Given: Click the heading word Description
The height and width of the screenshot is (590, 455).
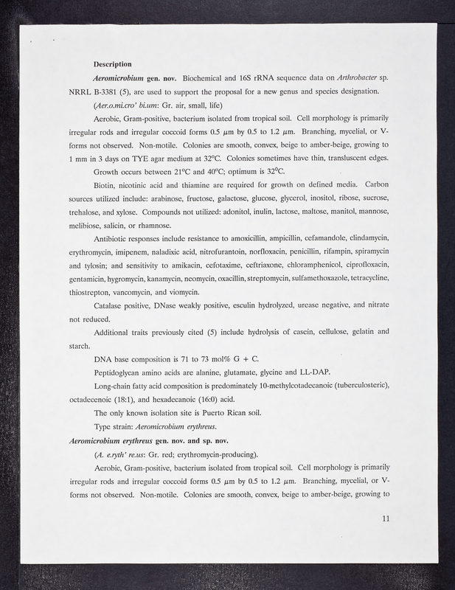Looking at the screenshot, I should (x=113, y=64).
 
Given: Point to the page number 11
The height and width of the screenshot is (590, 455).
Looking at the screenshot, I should (x=386, y=518).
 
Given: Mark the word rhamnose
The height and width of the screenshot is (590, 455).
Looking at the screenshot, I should (x=150, y=225).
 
